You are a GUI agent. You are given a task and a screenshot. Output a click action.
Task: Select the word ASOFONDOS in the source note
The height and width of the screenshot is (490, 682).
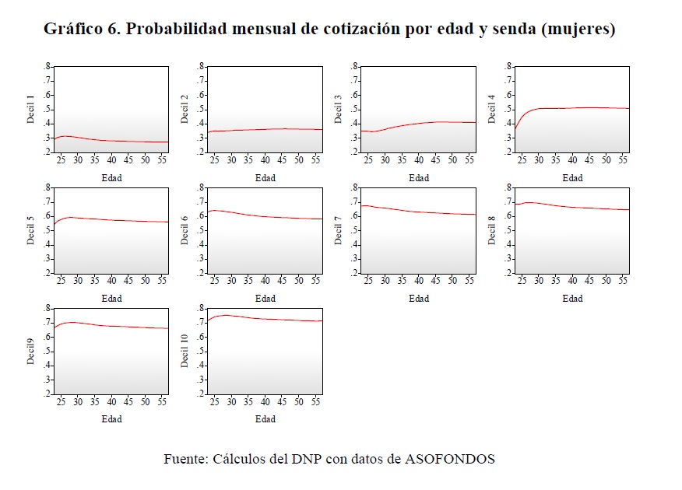450,459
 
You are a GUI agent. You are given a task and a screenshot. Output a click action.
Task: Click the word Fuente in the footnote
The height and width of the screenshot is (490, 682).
185,459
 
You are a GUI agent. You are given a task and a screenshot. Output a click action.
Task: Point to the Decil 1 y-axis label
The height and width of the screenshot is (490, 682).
31,110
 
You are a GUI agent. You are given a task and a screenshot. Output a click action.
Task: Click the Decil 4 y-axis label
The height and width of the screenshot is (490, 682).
491,110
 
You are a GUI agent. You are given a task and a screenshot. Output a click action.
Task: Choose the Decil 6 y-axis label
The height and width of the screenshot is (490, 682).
185,230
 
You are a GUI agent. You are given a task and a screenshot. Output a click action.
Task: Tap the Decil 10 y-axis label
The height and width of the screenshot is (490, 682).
185,351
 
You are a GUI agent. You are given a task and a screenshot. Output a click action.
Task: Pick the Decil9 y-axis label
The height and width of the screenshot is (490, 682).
31,351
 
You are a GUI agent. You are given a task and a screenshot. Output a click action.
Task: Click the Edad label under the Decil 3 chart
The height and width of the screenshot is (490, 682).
419,178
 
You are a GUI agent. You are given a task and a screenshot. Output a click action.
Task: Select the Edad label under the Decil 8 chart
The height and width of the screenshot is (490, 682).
572,299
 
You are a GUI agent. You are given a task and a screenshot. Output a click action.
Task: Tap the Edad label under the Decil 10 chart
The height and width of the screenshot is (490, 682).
265,419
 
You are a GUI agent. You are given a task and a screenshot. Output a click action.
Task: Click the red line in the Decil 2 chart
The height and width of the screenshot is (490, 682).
265,129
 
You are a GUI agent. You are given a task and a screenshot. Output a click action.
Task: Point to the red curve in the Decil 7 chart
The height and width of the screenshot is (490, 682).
419,212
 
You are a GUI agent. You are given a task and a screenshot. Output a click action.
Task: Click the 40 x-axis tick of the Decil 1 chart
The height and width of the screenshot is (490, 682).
111,159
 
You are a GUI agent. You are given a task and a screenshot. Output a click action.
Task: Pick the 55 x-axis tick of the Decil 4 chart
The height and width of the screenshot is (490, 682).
623,159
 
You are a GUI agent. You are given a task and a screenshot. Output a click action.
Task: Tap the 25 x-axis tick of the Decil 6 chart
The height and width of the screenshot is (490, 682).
214,280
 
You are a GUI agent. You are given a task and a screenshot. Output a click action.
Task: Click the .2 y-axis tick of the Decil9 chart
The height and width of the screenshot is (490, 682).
47,394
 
